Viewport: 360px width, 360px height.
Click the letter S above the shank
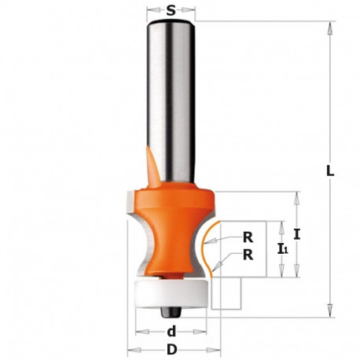click(x=171, y=10)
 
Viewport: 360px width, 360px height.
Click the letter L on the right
click(x=330, y=171)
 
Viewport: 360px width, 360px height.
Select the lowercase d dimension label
click(x=171, y=332)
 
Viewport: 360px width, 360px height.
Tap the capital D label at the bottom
click(x=172, y=350)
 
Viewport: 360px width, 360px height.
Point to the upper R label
click(x=248, y=237)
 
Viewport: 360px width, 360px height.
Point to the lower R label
click(x=248, y=255)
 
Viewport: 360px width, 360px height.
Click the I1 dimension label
click(x=283, y=248)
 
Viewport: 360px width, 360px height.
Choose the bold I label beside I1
click(x=296, y=234)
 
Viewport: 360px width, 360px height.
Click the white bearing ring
click(x=171, y=293)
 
